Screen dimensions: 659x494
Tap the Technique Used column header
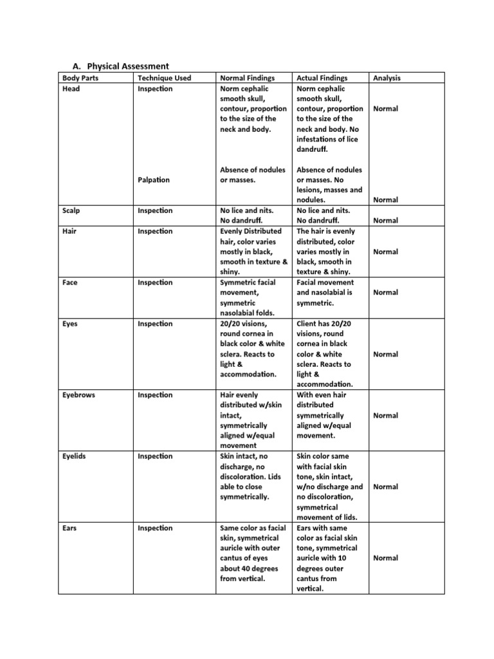pyautogui.click(x=164, y=78)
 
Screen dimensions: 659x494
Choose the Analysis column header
pyautogui.click(x=387, y=78)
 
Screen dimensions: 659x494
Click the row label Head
pyautogui.click(x=71, y=88)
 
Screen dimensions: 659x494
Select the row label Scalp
pyautogui.click(x=72, y=210)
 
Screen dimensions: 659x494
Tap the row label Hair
pyautogui.click(x=70, y=231)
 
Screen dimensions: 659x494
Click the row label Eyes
pyautogui.click(x=70, y=324)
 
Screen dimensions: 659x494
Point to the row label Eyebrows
pyautogui.click(x=78, y=395)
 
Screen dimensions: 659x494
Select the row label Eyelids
pyautogui.click(x=75, y=456)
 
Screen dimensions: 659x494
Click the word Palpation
pyautogui.click(x=154, y=180)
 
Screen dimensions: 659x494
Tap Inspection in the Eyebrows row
pyautogui.click(x=155, y=395)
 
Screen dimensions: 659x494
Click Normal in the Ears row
pyautogui.click(x=385, y=559)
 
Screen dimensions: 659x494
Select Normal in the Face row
pyautogui.click(x=385, y=293)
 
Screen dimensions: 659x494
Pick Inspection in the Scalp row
pyautogui.click(x=155, y=210)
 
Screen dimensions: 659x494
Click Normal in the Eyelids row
pyautogui.click(x=385, y=487)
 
